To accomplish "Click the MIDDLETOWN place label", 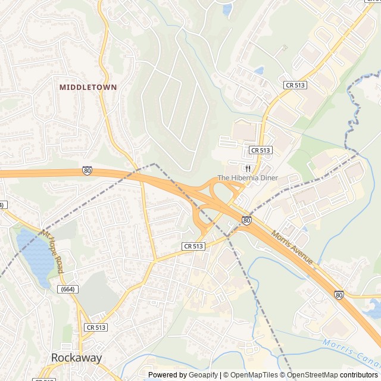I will [88, 87].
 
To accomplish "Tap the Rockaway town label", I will [76, 358].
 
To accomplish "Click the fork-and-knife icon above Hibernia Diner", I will [247, 168].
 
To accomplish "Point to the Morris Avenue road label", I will [292, 248].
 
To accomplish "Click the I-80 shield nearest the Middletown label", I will [88, 170].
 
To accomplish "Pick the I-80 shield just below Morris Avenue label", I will [338, 294].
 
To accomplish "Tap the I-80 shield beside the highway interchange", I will [246, 220].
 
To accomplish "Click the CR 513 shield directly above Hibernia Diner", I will [261, 150].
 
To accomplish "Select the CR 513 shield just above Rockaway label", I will [96, 327].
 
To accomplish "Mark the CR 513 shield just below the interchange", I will [193, 246].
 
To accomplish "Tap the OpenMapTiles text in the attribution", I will [255, 375].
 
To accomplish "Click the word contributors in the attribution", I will [359, 375].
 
